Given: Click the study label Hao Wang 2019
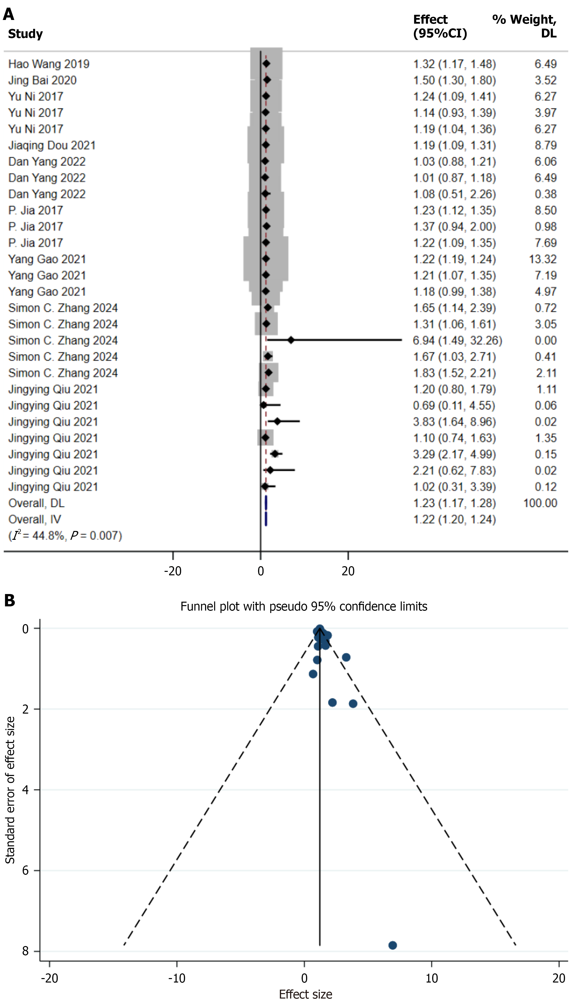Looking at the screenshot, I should (49, 64).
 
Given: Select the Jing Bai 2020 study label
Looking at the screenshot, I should (42, 80).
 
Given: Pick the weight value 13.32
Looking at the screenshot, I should (542, 259).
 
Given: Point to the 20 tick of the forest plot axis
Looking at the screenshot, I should (348, 571).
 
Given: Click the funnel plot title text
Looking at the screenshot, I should (304, 606).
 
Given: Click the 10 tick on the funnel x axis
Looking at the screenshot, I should (431, 978).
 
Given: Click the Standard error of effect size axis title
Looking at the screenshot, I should (10, 790).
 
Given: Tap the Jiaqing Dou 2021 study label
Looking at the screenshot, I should (52, 145).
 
